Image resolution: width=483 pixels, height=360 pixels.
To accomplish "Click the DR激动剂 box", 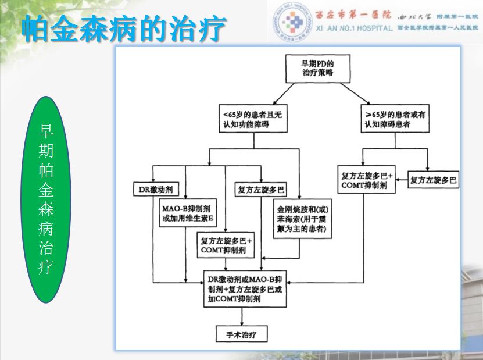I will pyautogui.click(x=154, y=190).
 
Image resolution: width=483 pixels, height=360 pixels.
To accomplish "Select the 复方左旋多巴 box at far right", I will pyautogui.click(x=434, y=180).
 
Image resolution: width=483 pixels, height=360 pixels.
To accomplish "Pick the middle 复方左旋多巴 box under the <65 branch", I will pyautogui.click(x=261, y=190).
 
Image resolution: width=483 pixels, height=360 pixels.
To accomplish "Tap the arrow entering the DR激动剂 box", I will pyautogui.click(x=153, y=180).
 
